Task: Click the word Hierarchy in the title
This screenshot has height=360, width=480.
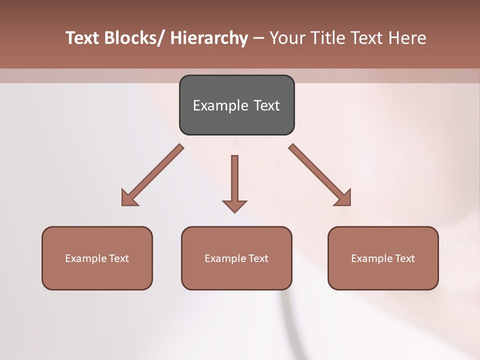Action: tap(209, 38)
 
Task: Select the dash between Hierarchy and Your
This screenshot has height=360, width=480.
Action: tap(258, 38)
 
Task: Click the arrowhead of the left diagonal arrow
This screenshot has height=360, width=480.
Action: tap(128, 198)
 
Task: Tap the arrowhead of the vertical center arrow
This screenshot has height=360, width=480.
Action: tap(234, 206)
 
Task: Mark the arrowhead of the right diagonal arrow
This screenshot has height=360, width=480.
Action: tap(344, 198)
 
